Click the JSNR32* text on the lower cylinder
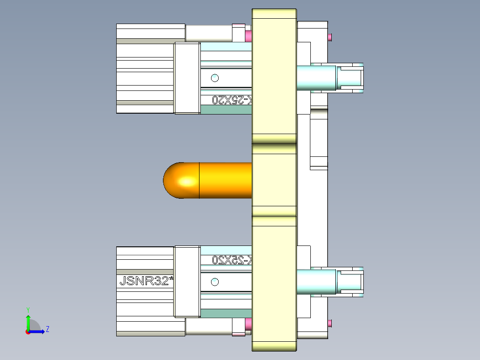(x=146, y=281)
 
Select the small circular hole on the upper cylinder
(x=215, y=78)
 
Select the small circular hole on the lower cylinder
(x=215, y=282)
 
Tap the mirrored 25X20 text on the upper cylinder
(x=232, y=100)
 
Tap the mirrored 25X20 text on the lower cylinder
(x=232, y=259)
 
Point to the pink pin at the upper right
(x=330, y=37)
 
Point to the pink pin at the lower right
(x=330, y=323)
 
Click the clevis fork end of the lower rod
(x=352, y=282)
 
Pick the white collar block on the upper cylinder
(x=187, y=78)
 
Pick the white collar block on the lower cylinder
(x=187, y=282)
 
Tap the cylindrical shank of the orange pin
(x=225, y=180)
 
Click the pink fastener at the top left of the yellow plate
(x=248, y=35)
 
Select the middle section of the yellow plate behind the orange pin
(x=274, y=180)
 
